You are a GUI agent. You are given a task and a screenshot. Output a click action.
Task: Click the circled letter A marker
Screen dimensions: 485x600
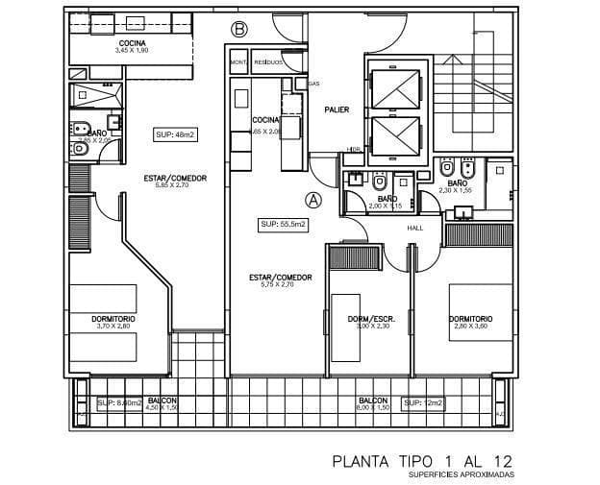coord(312,200)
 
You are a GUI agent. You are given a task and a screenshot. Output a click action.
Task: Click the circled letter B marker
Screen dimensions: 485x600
coord(238,30)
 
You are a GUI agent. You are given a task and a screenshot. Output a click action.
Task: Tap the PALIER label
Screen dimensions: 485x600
coord(336,109)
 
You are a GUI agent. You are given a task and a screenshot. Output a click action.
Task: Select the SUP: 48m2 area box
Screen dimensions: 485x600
coord(175,134)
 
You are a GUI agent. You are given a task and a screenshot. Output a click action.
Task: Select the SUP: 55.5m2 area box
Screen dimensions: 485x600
coord(283,225)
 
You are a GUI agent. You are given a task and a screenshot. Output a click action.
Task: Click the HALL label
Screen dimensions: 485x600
coord(415,229)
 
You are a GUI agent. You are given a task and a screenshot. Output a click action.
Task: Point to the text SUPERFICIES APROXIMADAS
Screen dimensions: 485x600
coord(461,474)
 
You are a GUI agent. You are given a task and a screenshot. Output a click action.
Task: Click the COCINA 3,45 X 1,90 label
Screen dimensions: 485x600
coord(132,48)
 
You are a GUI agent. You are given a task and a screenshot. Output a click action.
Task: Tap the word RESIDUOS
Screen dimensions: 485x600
coord(268,61)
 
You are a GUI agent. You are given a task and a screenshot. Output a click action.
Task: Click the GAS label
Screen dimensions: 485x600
coord(313,84)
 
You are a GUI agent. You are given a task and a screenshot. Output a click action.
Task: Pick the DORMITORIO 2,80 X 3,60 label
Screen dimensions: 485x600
coord(471,322)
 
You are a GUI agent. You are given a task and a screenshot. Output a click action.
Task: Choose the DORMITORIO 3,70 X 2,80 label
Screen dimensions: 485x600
coord(113,322)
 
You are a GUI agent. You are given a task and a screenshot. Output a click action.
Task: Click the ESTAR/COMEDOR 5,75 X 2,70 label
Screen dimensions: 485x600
coord(280,280)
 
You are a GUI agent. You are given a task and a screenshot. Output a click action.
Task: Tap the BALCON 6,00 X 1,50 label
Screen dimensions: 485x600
coord(373,403)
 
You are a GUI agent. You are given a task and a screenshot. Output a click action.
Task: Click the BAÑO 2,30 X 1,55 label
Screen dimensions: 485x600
coord(457,185)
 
